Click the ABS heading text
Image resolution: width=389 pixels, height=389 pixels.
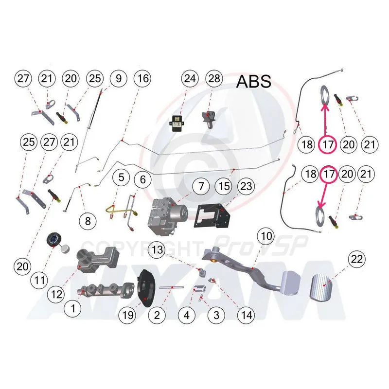tap(254, 81)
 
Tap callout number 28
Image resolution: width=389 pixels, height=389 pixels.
tap(214, 78)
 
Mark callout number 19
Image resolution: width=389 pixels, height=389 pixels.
tap(128, 315)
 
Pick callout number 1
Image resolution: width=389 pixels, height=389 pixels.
tap(73, 307)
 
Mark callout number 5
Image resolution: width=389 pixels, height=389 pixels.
tap(122, 179)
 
